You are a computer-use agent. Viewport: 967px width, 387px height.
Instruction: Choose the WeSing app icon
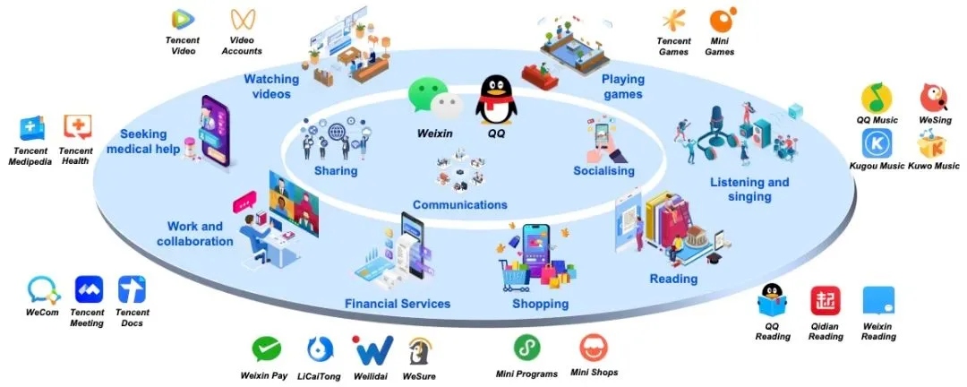[x=935, y=98]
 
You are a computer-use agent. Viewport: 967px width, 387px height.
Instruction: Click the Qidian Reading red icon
[x=826, y=302]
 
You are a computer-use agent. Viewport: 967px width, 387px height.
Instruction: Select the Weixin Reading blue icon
[x=877, y=302]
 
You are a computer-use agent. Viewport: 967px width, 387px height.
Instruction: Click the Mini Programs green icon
[x=526, y=348]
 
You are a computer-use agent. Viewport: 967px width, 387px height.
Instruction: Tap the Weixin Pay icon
[x=267, y=349]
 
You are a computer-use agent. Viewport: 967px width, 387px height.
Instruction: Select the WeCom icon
[x=42, y=289]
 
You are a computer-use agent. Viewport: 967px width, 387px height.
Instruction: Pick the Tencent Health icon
[x=76, y=127]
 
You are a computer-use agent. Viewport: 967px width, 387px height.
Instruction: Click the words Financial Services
[x=398, y=304]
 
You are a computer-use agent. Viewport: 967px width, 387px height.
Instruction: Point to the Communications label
[x=460, y=205]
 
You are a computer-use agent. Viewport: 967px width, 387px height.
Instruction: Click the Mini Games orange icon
[x=721, y=20]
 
